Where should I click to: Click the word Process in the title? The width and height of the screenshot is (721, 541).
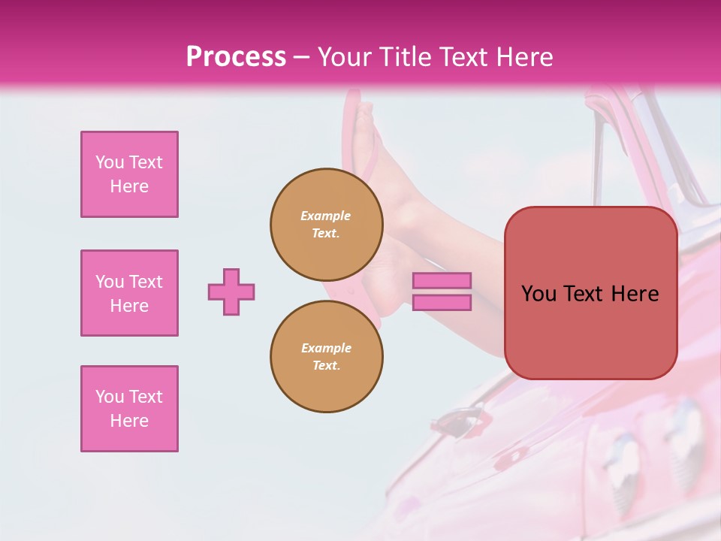(x=236, y=57)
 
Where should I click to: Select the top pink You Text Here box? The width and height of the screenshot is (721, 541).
(x=129, y=174)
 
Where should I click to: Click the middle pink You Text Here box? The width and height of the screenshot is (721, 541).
(x=129, y=293)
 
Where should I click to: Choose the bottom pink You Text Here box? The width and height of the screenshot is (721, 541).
(x=129, y=409)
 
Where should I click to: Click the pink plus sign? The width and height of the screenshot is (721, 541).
(x=231, y=292)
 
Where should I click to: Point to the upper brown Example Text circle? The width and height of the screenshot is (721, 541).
(x=326, y=225)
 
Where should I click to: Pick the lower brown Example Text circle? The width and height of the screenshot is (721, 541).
(x=326, y=357)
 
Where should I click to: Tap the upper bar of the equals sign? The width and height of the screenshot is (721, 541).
(x=442, y=281)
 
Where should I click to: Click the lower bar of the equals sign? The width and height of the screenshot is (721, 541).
(x=442, y=303)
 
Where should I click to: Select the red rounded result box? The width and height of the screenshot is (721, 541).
(x=590, y=293)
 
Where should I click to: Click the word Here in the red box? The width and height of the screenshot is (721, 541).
(x=635, y=294)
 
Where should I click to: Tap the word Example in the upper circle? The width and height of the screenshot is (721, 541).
(x=326, y=216)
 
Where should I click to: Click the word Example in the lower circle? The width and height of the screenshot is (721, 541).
(x=326, y=348)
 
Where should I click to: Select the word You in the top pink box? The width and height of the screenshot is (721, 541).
(x=110, y=162)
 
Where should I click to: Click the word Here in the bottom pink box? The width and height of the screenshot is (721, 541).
(x=129, y=421)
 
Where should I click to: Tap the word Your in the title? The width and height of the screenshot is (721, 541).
(x=345, y=57)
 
